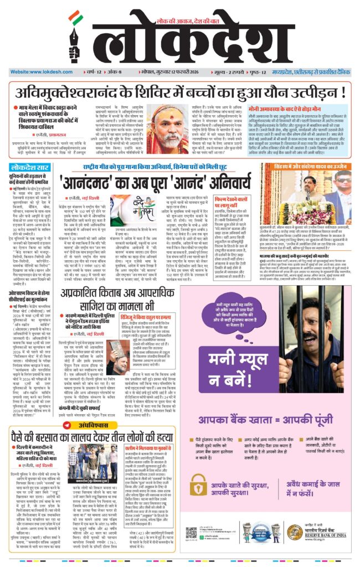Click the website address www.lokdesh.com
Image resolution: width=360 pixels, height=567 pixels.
(x=34, y=72)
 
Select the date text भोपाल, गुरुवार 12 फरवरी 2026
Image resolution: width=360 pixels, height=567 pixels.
(x=169, y=72)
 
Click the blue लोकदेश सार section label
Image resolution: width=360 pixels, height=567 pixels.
(x=30, y=167)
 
